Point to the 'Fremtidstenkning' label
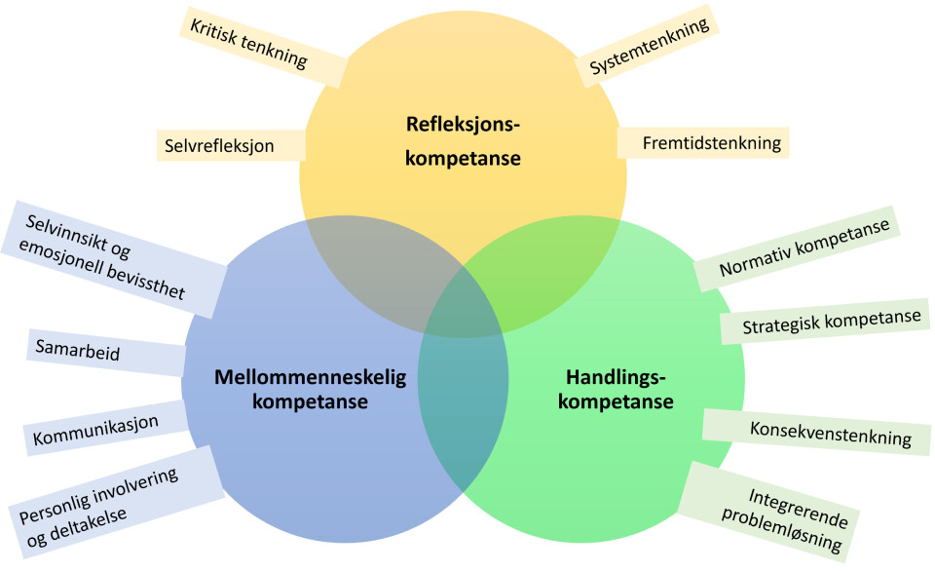pos(711,143)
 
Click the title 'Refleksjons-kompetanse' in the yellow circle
pos(464,139)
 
